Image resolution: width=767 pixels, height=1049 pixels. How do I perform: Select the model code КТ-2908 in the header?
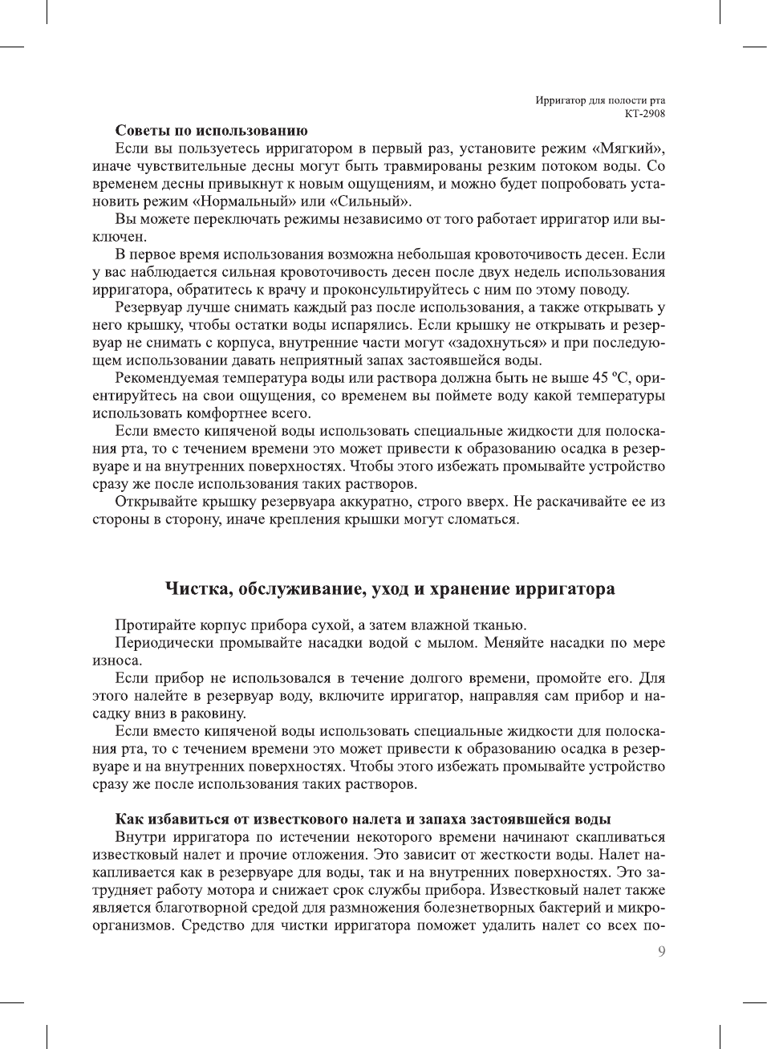coord(644,113)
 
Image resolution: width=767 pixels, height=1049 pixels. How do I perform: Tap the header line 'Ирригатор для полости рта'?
coord(600,100)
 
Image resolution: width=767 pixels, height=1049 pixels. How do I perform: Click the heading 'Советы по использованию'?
coord(212,130)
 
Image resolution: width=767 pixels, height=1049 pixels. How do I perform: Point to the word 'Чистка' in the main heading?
coord(197,589)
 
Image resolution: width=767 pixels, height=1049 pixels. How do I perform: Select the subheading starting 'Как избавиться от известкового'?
coord(363,819)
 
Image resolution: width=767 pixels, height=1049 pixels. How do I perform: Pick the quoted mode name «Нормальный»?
coord(243,201)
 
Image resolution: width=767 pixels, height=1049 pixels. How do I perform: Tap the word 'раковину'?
coord(210,714)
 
